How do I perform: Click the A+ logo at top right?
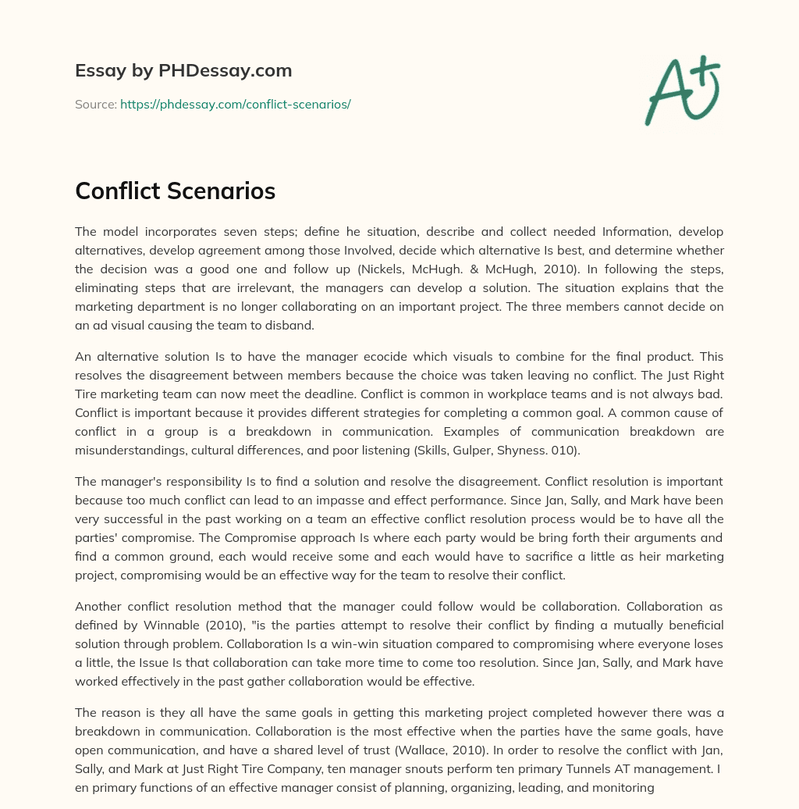click(682, 90)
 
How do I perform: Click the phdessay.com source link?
click(235, 104)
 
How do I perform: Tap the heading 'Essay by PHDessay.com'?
click(183, 71)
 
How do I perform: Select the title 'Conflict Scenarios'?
click(175, 191)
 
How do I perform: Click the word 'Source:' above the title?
click(95, 104)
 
